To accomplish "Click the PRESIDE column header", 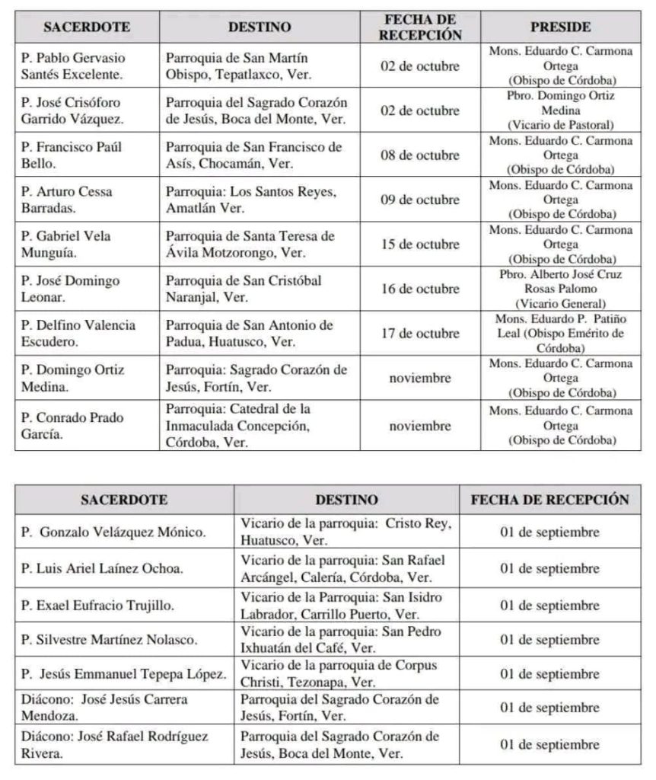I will point(560,27).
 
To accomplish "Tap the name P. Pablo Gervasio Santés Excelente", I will point(72,66).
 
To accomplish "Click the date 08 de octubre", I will point(420,155).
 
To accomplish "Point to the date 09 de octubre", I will point(420,200).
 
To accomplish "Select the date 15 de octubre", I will point(420,245).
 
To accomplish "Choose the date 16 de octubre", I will point(420,289).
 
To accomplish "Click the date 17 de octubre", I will point(420,333).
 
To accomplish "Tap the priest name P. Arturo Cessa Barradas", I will point(67,200).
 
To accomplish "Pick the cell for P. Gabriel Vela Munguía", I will point(67,245).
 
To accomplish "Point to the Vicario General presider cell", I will point(560,289).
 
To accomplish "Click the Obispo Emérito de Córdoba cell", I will point(560,333).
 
